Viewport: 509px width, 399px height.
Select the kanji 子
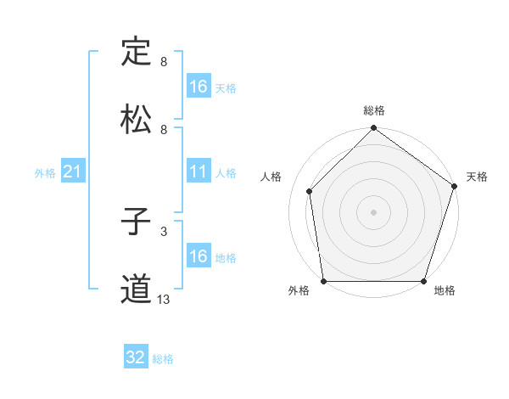(x=136, y=222)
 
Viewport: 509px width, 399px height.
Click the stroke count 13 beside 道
(x=163, y=299)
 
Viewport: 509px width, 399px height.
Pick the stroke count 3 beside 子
(x=163, y=230)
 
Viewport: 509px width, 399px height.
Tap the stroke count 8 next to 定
(x=163, y=61)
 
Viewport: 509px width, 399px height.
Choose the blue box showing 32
(x=136, y=357)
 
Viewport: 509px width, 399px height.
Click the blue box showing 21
(x=74, y=172)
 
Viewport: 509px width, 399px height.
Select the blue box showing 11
(x=198, y=171)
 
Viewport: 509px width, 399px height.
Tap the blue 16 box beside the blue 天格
(x=198, y=87)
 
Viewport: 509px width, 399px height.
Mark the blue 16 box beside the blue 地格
(x=198, y=256)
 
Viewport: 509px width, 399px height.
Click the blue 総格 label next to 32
(x=163, y=359)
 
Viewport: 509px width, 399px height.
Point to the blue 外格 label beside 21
(x=45, y=173)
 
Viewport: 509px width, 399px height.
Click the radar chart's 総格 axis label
(x=374, y=111)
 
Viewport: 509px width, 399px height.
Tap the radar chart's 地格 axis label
(x=445, y=291)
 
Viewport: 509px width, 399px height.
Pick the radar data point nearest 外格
(x=323, y=281)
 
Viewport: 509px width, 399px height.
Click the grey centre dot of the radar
(x=374, y=212)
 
